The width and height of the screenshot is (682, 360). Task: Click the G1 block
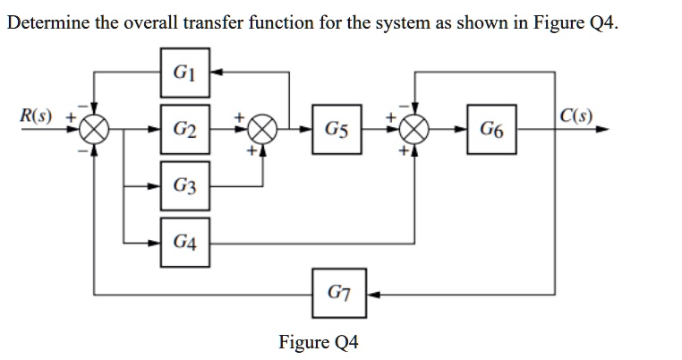pyautogui.click(x=185, y=73)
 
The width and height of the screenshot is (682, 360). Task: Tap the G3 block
pyautogui.click(x=185, y=186)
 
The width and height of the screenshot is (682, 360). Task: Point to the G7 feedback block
pyautogui.click(x=338, y=292)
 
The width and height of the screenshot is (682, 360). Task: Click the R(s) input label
pyautogui.click(x=36, y=116)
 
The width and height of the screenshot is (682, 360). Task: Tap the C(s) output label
pyautogui.click(x=574, y=116)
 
